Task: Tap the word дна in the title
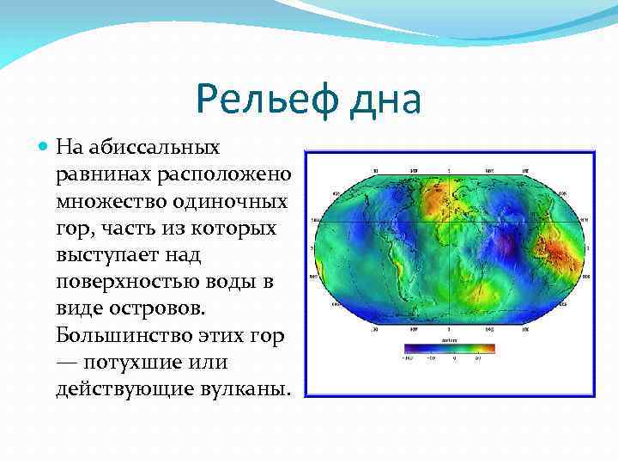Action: click(x=383, y=100)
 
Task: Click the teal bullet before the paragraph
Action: click(x=45, y=150)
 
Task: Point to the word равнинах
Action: click(x=103, y=175)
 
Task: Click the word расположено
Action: click(x=223, y=175)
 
